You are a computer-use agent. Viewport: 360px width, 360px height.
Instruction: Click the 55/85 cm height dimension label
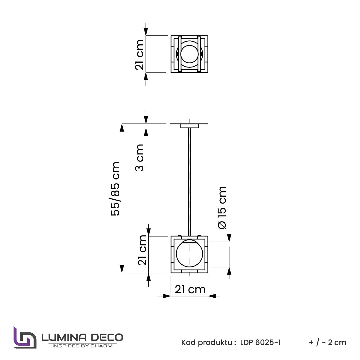coord(115,189)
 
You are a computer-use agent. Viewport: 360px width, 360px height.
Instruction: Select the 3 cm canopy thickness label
coord(140,158)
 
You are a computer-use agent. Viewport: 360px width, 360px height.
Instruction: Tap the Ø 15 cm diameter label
coord(222,207)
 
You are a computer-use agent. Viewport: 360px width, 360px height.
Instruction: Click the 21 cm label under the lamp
coord(190,290)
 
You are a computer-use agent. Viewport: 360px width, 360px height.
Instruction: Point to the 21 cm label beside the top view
coord(140,55)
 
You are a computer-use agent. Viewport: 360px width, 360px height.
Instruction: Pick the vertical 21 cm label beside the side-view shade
coord(142,250)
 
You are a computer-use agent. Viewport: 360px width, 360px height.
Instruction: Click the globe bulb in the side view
coord(189,254)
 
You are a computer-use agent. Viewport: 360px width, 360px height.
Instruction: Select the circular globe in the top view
coord(189,54)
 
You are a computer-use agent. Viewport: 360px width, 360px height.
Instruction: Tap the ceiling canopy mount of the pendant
coord(189,126)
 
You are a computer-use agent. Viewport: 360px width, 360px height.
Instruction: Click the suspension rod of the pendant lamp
coord(189,182)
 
